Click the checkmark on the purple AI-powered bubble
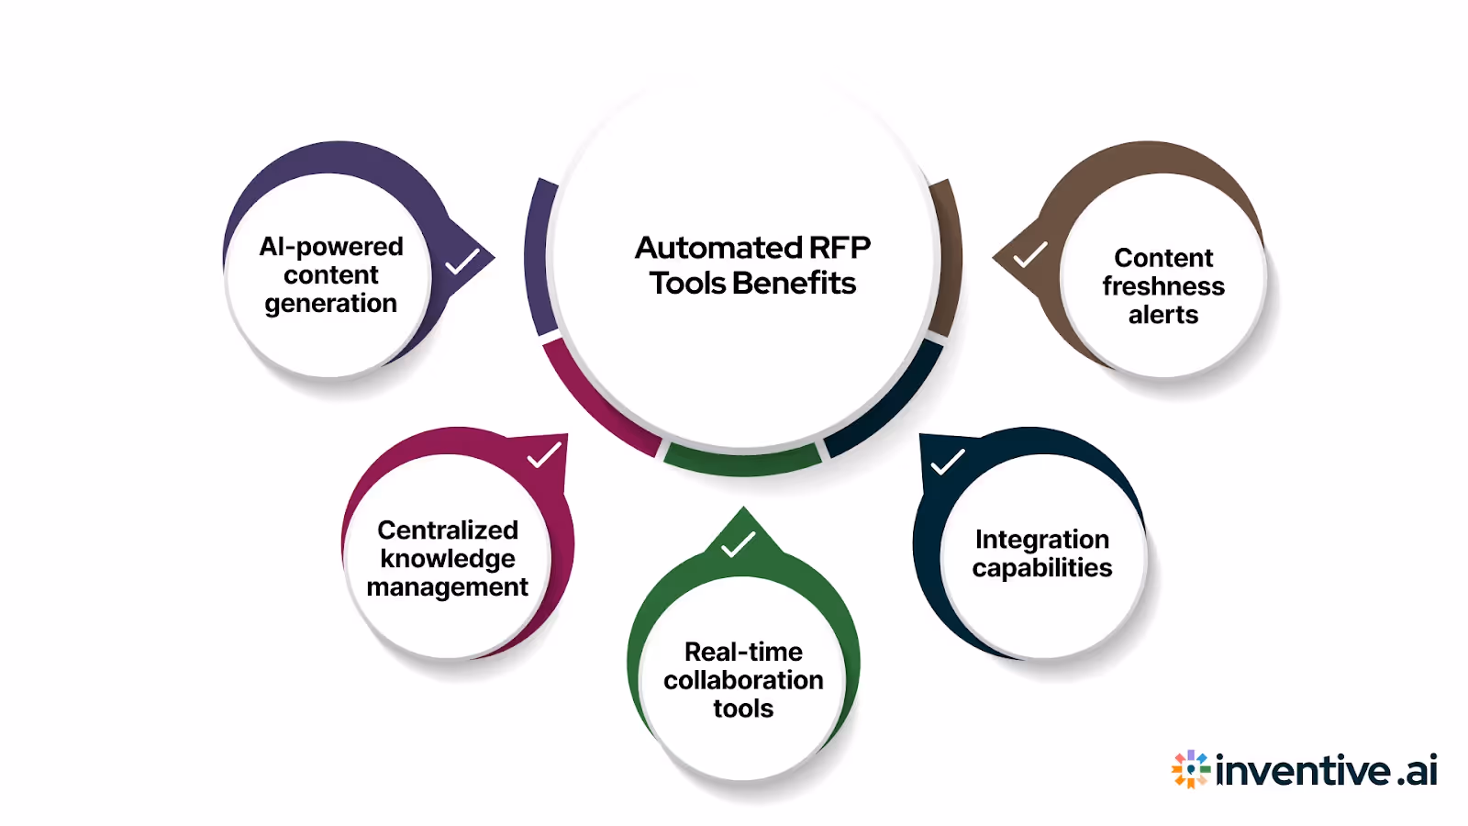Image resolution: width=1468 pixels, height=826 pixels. [x=462, y=262]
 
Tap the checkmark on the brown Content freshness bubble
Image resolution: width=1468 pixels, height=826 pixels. [x=1030, y=254]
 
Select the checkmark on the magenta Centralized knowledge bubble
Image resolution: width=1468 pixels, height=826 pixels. [x=544, y=455]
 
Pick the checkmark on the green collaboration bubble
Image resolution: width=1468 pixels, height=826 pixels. [x=738, y=544]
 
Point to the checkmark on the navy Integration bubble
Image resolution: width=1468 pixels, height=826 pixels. [x=947, y=462]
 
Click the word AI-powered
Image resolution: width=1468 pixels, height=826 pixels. [x=331, y=247]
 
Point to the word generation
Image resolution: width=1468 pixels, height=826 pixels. [x=331, y=304]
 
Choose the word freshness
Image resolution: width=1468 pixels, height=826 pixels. [x=1163, y=286]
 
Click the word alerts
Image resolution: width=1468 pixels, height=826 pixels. [x=1163, y=315]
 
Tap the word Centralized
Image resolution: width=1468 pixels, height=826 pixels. [x=448, y=530]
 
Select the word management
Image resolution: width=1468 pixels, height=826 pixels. [x=448, y=587]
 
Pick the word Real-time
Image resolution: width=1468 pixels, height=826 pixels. [x=743, y=652]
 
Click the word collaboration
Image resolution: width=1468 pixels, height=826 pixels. [x=743, y=680]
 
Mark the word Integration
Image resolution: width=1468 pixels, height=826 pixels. [x=1042, y=540]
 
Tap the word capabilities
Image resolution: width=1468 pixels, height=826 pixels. [x=1042, y=568]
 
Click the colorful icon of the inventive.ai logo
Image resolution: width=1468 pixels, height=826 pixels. [x=1191, y=769]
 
